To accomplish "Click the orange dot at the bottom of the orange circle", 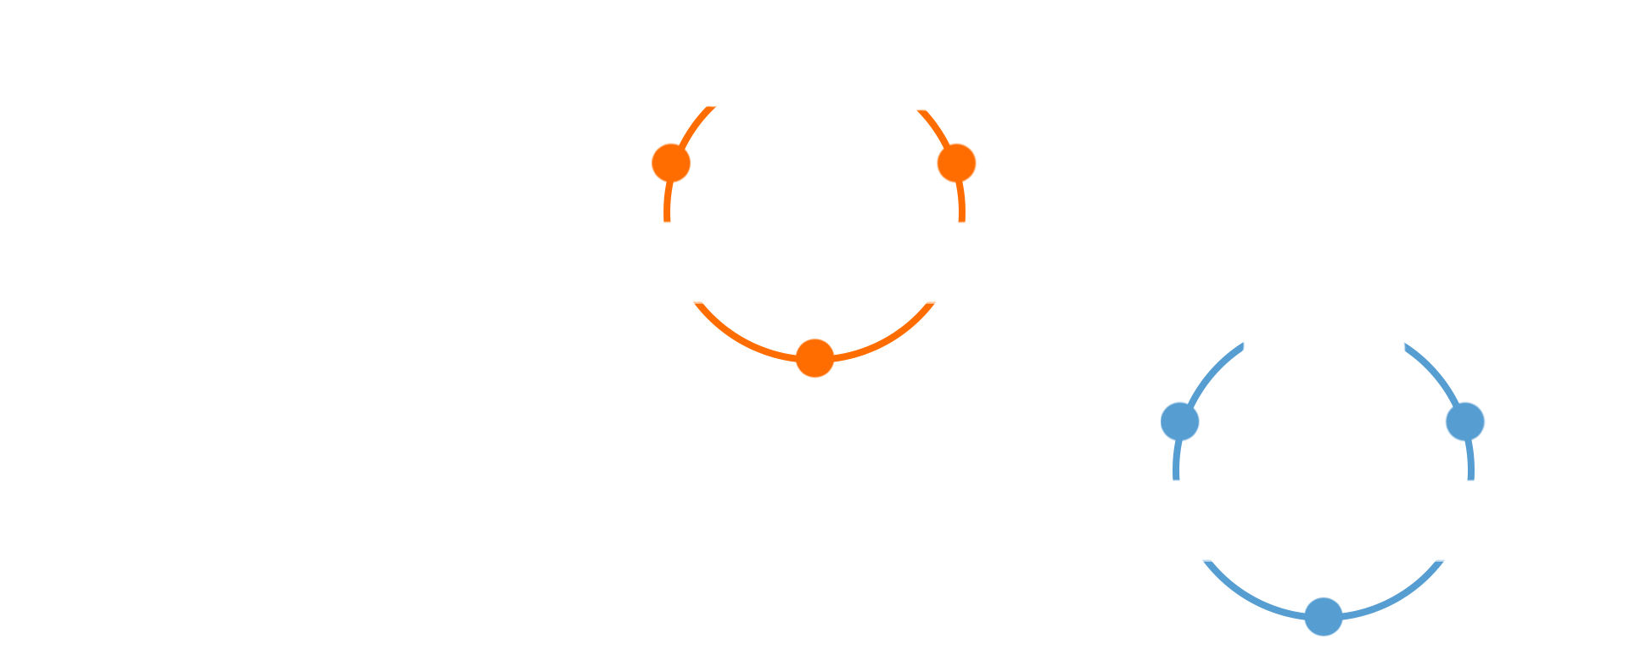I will click(814, 358).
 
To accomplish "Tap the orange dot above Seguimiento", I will click(671, 163).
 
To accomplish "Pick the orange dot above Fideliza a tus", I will click(956, 163).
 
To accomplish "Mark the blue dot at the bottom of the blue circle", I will click(1323, 616).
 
